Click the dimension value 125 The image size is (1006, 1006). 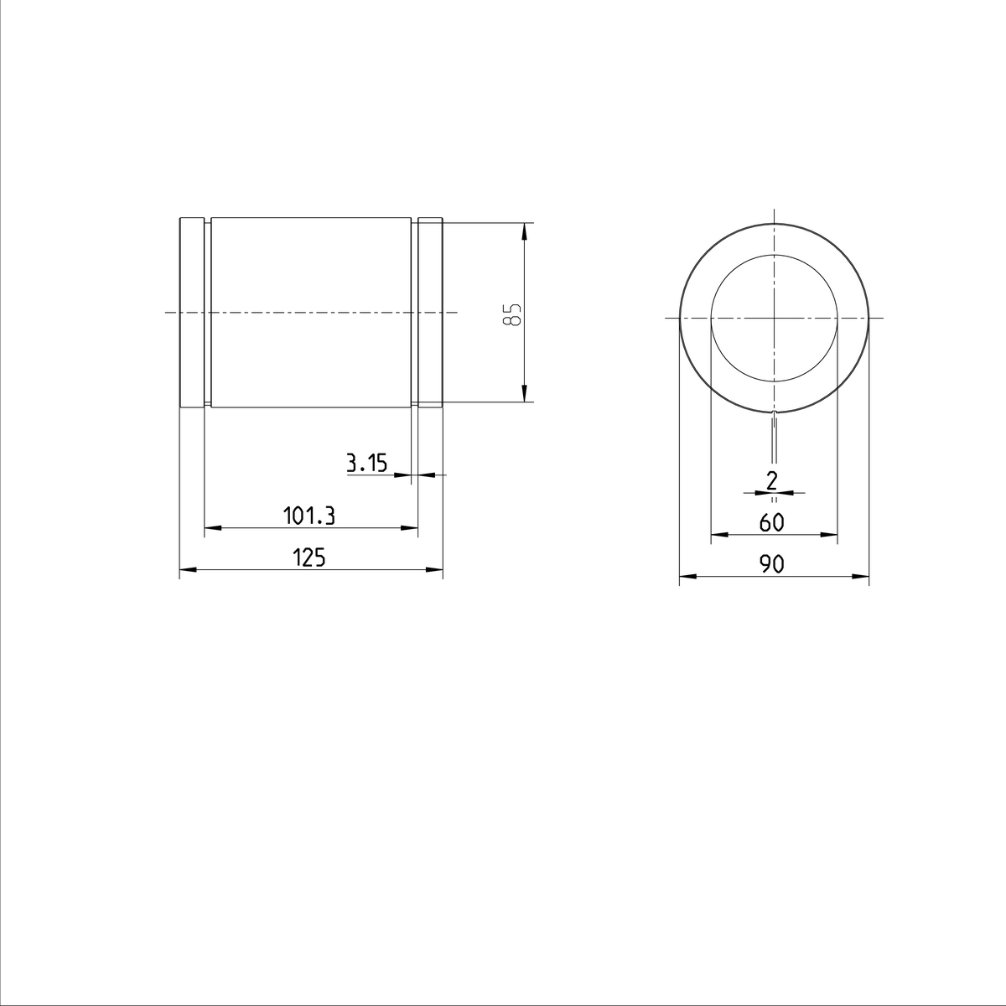(309, 557)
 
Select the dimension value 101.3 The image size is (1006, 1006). (309, 516)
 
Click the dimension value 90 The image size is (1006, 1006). (772, 564)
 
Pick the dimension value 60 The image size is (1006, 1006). (771, 522)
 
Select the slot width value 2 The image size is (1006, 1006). (772, 480)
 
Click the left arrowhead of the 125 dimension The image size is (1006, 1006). (187, 570)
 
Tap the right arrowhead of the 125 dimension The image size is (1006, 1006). (435, 570)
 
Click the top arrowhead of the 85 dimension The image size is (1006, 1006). (523, 229)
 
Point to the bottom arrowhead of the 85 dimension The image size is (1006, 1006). (523, 395)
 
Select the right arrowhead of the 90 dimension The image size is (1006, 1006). (862, 576)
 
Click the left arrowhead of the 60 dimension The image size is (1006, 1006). (718, 534)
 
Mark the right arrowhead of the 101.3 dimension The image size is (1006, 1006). (410, 528)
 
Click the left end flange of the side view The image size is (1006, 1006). (192, 313)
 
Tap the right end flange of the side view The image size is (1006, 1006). (430, 313)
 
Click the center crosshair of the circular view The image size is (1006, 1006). (774, 318)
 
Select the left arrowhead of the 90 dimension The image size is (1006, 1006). (686, 576)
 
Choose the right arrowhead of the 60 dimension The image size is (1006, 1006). (830, 534)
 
